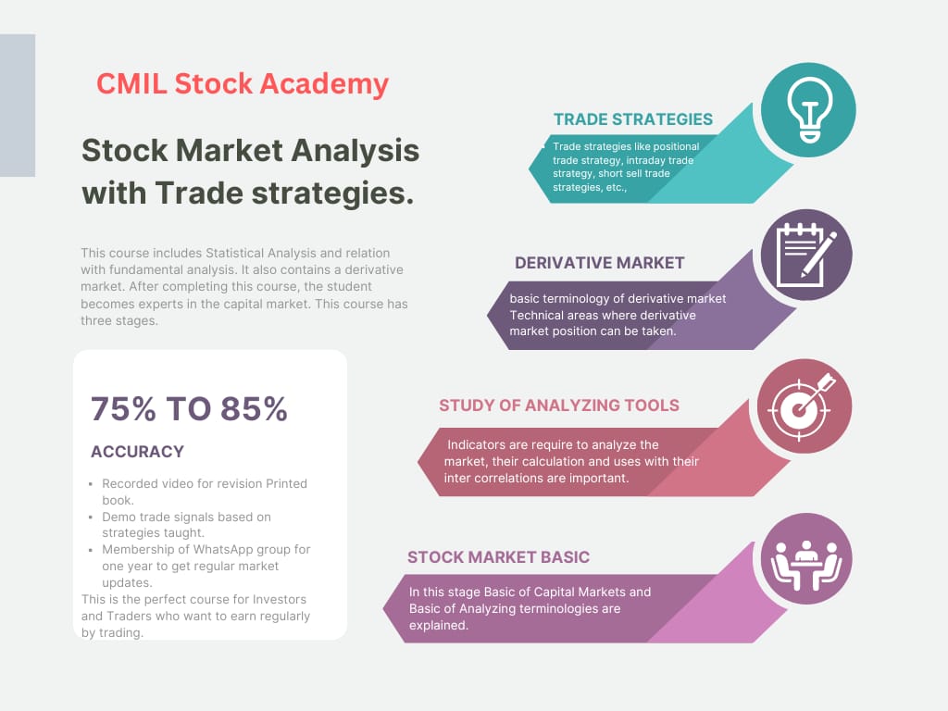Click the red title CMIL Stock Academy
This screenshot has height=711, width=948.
243,84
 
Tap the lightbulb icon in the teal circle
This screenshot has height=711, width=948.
809,110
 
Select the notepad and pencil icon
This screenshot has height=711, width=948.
806,256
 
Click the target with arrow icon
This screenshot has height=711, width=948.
803,406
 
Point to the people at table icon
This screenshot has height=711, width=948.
806,564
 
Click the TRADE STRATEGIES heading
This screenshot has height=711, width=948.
633,119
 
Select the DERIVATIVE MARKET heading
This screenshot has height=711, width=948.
599,263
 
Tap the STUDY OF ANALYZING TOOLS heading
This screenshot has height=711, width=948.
559,405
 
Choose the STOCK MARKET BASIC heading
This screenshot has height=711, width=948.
498,557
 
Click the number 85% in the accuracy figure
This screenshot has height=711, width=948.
254,409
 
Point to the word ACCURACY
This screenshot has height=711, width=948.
137,452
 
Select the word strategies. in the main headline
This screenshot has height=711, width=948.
332,193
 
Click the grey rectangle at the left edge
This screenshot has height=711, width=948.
18,106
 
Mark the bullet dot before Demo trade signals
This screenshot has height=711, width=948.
91,518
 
